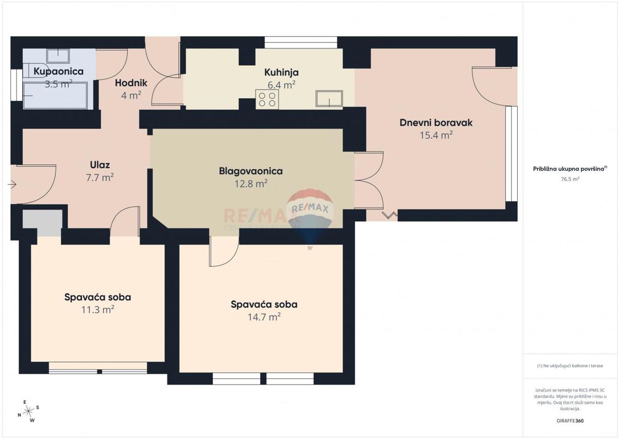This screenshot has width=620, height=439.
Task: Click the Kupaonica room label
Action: coord(58,71)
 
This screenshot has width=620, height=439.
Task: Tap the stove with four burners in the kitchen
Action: coord(267,99)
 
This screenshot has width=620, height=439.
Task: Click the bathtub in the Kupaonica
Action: coord(56,96)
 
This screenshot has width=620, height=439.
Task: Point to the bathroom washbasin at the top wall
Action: coord(58,55)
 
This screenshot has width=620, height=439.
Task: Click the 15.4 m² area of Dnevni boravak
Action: coord(436,135)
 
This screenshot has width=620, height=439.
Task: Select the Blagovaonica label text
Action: coord(251,171)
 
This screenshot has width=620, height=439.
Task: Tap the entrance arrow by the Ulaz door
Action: coord(12,184)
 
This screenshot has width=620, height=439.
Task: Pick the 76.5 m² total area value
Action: coord(570,179)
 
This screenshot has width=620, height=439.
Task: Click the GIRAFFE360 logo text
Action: coord(570,420)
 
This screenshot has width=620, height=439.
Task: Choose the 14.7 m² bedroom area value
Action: coord(264,317)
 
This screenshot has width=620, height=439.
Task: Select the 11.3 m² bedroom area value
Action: coord(98,310)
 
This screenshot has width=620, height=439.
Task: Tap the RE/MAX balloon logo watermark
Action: coord(311,212)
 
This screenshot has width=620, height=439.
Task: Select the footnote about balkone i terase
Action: coord(570,366)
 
